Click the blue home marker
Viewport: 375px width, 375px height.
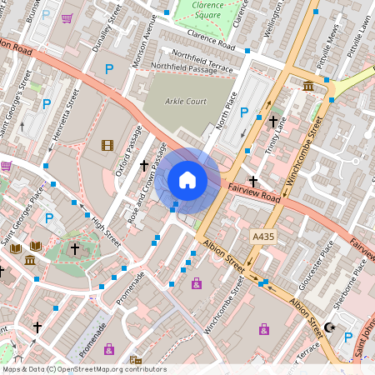pyautogui.click(x=187, y=180)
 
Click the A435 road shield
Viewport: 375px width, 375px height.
pyautogui.click(x=262, y=238)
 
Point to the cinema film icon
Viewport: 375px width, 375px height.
pyautogui.click(x=107, y=145)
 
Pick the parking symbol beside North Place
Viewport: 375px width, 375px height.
pyautogui.click(x=244, y=112)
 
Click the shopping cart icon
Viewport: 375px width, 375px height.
pyautogui.click(x=67, y=17)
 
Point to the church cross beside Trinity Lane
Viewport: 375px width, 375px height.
pyautogui.click(x=272, y=122)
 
